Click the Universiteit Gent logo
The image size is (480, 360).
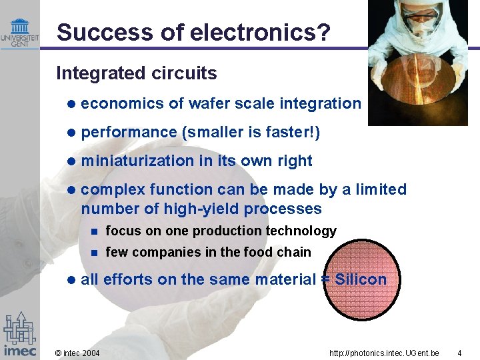(x=19, y=34)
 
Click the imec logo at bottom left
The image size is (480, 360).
(x=19, y=333)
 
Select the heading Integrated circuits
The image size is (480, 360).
(x=137, y=73)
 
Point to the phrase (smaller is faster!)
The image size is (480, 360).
(x=251, y=133)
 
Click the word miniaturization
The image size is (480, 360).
(x=137, y=161)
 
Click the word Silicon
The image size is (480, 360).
(x=361, y=279)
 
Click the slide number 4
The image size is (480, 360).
(x=459, y=351)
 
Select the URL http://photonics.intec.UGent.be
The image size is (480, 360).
(x=384, y=351)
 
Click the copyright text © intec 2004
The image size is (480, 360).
(x=77, y=351)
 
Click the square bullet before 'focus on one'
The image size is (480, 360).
(x=95, y=231)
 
